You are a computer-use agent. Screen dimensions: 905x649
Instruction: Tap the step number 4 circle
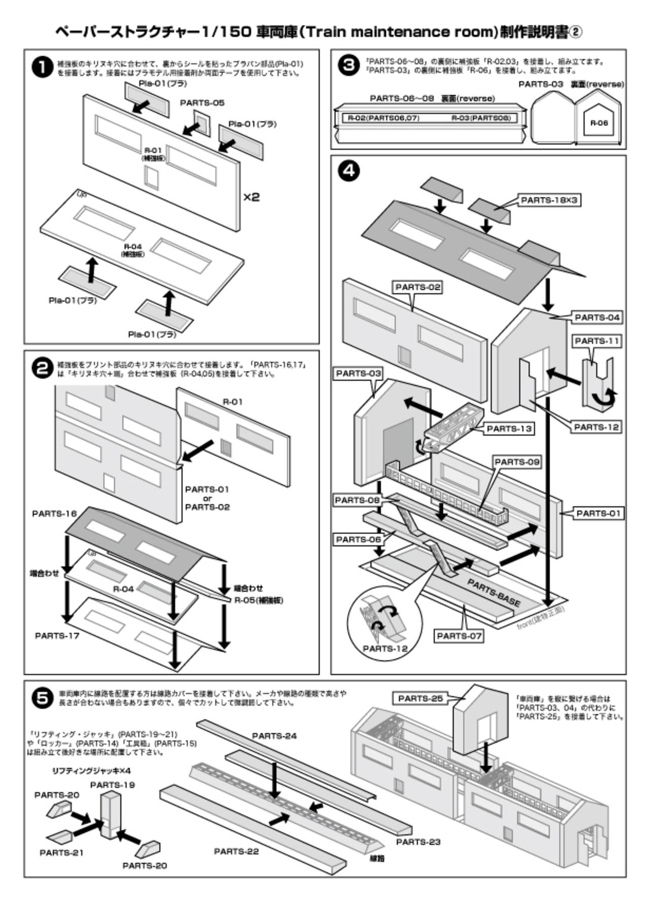(349, 171)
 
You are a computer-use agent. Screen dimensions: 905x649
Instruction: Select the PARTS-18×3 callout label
(549, 200)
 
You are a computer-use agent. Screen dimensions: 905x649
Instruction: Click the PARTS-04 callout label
(597, 318)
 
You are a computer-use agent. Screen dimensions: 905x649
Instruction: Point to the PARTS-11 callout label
(597, 342)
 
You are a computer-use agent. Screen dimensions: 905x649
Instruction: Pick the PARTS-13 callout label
(509, 429)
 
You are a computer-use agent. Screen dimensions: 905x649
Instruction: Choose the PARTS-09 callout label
(517, 462)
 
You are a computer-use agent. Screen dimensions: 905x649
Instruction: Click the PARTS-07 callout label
(459, 636)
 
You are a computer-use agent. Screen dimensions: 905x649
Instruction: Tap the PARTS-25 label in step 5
(420, 698)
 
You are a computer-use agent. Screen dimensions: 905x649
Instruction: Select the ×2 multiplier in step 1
(251, 197)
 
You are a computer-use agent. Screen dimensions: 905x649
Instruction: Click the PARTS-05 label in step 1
(202, 103)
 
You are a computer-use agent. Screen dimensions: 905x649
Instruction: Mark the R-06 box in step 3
(599, 123)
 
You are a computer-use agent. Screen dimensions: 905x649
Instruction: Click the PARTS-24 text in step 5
(274, 736)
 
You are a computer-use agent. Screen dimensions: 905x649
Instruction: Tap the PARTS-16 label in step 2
(54, 513)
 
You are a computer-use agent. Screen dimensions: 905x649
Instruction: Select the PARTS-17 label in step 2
(57, 635)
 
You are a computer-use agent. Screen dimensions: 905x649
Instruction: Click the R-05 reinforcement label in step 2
(259, 600)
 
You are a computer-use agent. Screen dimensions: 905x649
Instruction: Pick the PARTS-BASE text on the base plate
(493, 593)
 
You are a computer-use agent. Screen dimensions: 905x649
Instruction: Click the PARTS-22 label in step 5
(236, 851)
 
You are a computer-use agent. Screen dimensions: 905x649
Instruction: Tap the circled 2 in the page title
(576, 32)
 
